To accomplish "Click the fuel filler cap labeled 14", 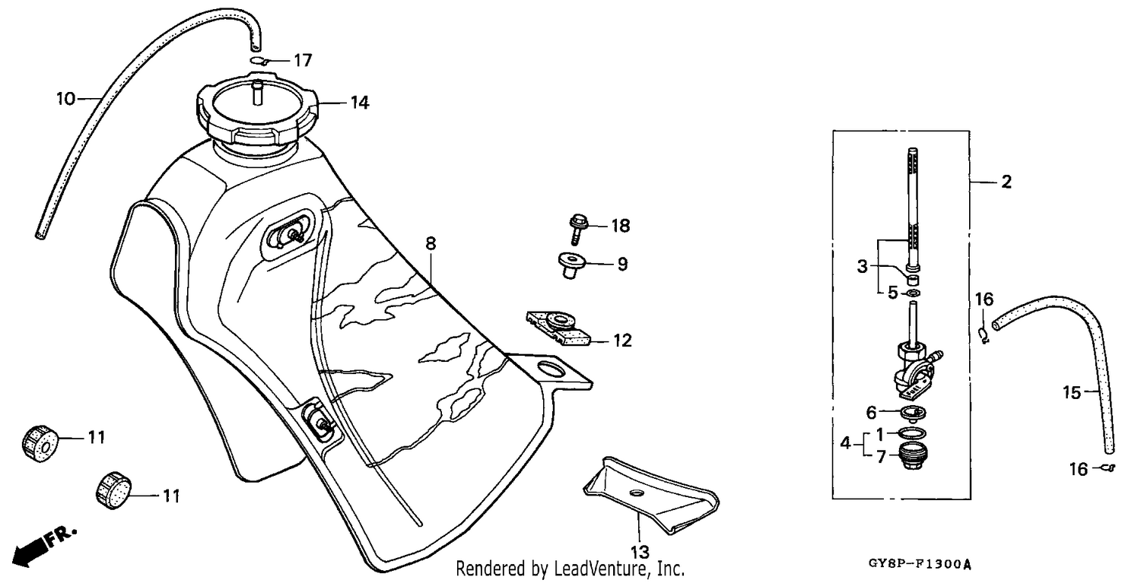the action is tap(257, 115).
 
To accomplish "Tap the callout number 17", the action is tap(303, 61).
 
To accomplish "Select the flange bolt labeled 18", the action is tap(577, 229).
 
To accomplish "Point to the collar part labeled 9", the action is tap(571, 265).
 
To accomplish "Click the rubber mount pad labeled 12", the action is tap(559, 328).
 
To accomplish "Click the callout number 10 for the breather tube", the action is tap(65, 98).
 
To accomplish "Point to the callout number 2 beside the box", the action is tap(1006, 182).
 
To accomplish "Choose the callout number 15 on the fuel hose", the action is tap(1072, 392).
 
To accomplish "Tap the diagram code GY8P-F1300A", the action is tap(920, 564).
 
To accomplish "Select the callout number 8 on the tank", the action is tap(431, 243).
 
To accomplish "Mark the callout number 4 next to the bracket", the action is tap(846, 443).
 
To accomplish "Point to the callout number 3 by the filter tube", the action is tap(862, 266).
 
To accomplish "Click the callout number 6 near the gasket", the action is tap(871, 413).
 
